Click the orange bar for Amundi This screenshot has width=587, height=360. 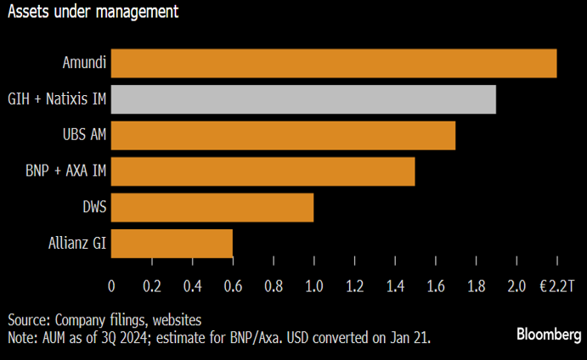[x=334, y=64]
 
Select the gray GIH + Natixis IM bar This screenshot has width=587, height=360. [x=303, y=99]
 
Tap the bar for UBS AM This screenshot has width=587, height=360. [x=283, y=136]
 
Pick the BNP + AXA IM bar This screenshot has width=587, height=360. [x=262, y=172]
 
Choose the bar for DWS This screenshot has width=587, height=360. [x=212, y=207]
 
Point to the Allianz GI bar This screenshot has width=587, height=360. [x=172, y=244]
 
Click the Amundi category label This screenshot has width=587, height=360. [x=83, y=64]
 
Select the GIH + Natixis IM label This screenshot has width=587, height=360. [x=55, y=99]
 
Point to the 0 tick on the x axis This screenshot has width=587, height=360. [x=111, y=287]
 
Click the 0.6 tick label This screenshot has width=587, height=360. [x=233, y=287]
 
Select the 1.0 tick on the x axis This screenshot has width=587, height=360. [x=313, y=287]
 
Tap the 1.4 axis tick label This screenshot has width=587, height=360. [x=394, y=287]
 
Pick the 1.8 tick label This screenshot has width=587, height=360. [x=476, y=287]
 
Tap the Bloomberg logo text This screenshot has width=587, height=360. [x=549, y=335]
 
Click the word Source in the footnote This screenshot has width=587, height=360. [x=28, y=320]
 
